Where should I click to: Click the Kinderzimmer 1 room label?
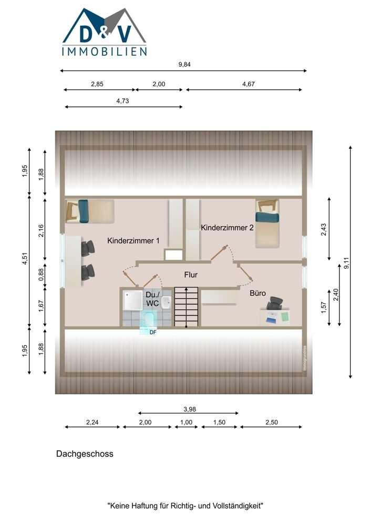click(x=133, y=240)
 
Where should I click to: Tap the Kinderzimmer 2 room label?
click(x=227, y=227)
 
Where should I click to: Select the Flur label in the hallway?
click(x=191, y=275)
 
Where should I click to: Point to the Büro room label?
click(x=257, y=293)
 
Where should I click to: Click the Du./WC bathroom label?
click(x=152, y=299)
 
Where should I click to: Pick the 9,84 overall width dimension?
click(x=184, y=64)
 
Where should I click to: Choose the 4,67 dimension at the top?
click(x=249, y=84)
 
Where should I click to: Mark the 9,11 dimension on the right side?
click(x=347, y=262)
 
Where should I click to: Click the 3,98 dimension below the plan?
click(x=190, y=409)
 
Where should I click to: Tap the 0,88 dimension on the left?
click(x=41, y=275)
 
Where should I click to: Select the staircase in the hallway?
click(x=187, y=307)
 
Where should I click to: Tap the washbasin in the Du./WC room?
click(x=166, y=303)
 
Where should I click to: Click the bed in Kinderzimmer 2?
click(x=267, y=224)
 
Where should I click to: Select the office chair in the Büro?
click(x=275, y=304)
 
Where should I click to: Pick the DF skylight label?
click(x=153, y=332)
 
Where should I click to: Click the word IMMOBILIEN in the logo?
click(x=105, y=52)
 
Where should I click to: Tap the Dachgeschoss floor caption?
click(x=85, y=454)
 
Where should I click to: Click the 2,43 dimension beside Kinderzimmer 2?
click(x=324, y=229)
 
